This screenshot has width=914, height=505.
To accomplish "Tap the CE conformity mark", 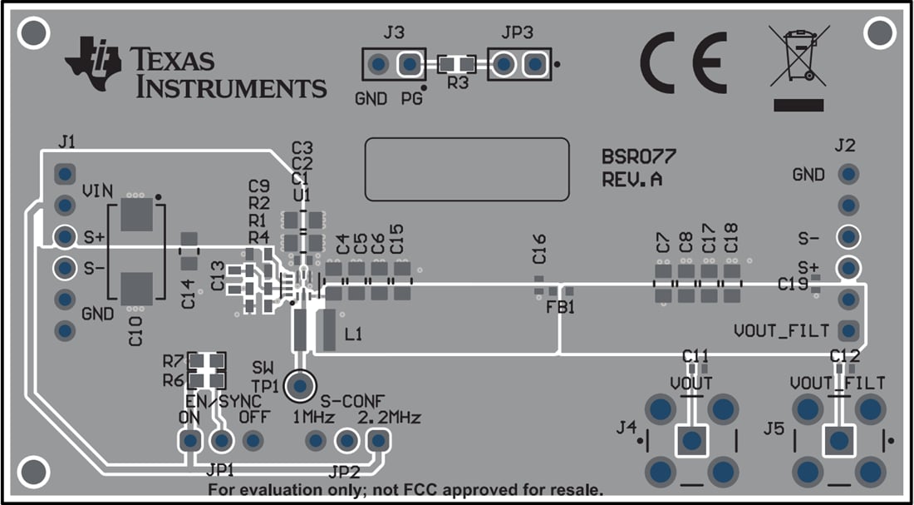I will pos(683,63).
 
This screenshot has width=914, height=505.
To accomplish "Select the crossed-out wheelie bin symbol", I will pos(798,57).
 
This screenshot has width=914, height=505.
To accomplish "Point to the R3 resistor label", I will pos(457,83).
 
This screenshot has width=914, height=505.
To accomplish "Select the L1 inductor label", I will pos(353,334).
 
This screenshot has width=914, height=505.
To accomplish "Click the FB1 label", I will pos(561,307).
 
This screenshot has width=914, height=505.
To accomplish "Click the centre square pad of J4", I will pos(690,440).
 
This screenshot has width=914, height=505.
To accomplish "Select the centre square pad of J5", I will pos(839,440).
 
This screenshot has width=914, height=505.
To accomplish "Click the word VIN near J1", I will pos(96,191).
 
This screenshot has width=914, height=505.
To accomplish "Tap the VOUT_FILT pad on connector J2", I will pos(848,330).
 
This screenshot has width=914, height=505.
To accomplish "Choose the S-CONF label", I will pos(352,399).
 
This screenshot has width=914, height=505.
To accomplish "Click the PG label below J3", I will pos(411,99).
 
